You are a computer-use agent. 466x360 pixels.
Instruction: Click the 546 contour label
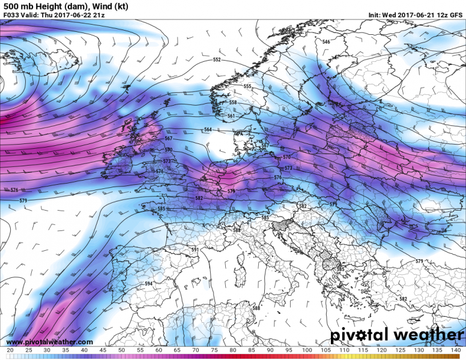point(326,41)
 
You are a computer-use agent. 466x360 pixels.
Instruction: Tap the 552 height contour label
point(217,60)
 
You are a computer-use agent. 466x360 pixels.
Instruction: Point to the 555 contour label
point(247,86)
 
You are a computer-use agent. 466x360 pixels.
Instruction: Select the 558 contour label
point(233,103)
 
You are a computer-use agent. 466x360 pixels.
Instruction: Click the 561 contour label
point(231,116)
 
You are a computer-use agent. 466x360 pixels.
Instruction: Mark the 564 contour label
point(208,130)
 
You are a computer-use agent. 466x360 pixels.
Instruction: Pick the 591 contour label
point(195,249)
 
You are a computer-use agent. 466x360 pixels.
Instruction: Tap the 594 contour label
point(149,283)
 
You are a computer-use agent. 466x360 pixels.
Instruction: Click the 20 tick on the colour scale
point(10,350)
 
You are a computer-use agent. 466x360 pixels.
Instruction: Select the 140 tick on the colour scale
point(456,350)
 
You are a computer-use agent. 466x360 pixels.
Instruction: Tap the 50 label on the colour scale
point(121,350)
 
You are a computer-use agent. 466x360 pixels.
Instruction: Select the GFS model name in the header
point(456,14)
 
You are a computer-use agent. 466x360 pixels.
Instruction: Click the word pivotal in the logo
point(361,334)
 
